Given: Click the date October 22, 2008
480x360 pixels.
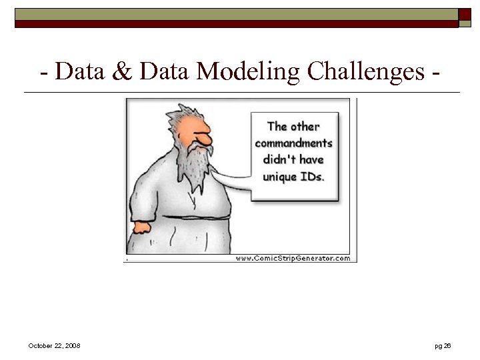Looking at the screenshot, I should pyautogui.click(x=55, y=345).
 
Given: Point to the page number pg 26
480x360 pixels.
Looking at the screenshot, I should pyautogui.click(x=443, y=345).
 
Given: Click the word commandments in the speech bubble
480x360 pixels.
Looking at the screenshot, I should pyautogui.click(x=293, y=143).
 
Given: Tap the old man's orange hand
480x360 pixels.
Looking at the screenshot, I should pyautogui.click(x=142, y=227).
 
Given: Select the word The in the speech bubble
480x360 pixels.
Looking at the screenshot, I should pyautogui.click(x=277, y=127).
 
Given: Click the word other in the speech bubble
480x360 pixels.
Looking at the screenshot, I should pyautogui.click(x=305, y=127).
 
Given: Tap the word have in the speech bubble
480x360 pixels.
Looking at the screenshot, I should pyautogui.click(x=311, y=160).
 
